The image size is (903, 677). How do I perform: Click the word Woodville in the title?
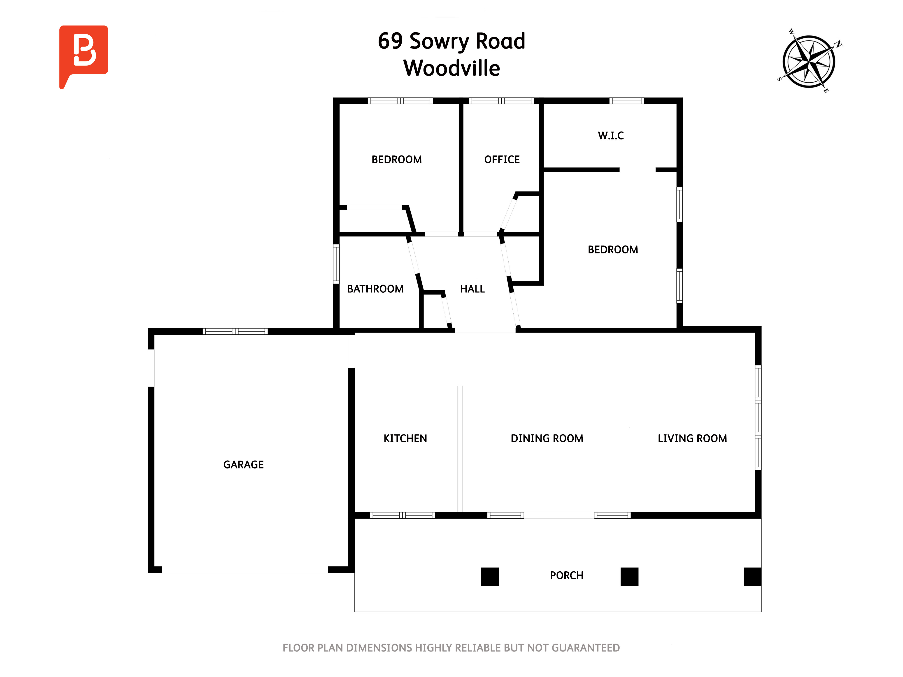point(451,68)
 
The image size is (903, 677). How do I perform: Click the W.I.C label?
point(611,135)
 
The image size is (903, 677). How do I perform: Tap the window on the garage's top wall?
point(235,331)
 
